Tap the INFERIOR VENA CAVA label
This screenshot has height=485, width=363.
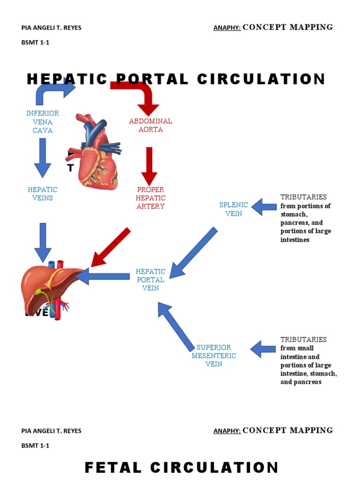coord(43,122)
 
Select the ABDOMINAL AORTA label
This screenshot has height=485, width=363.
coord(150,125)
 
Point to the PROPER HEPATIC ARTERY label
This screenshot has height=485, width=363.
coord(150,198)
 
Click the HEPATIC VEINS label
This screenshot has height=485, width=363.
coord(43,194)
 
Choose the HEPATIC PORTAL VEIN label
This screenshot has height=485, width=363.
coord(150,279)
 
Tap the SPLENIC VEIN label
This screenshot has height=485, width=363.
coord(233,209)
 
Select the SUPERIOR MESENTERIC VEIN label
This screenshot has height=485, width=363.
coord(214,356)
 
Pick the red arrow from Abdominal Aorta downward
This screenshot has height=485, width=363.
coord(149,166)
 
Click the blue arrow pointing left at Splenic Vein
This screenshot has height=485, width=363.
coord(264,207)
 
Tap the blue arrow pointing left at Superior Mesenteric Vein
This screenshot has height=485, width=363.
coord(263,349)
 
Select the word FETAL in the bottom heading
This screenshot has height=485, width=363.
coord(113,468)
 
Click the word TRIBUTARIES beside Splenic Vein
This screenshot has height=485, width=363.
coord(303,197)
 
